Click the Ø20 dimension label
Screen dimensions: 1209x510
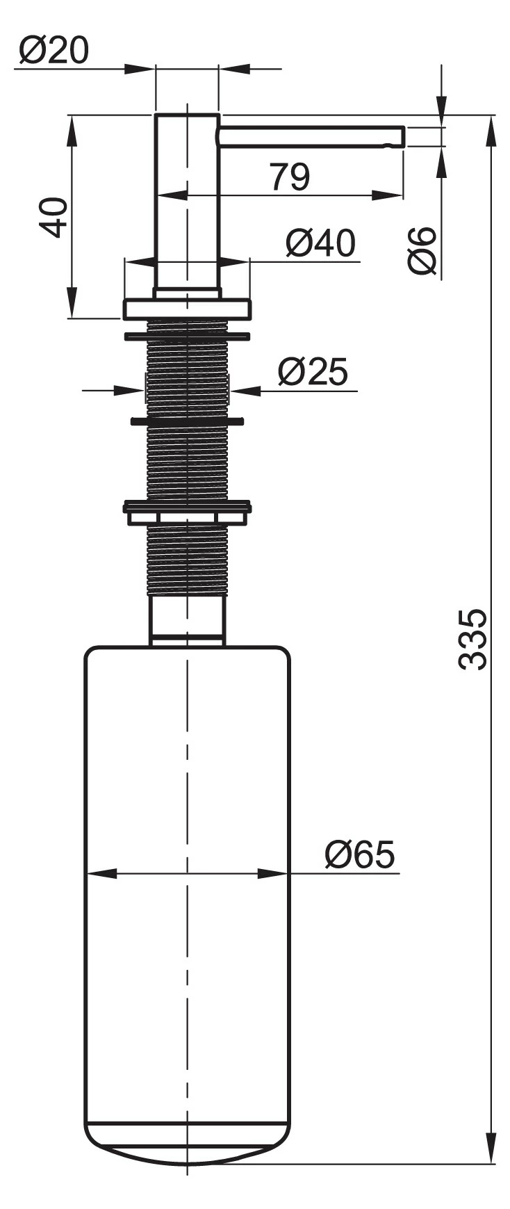pyautogui.click(x=54, y=50)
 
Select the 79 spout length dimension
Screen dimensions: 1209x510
pyautogui.click(x=290, y=177)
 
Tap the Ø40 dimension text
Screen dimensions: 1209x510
pyautogui.click(x=320, y=243)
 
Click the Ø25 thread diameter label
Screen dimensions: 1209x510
pyautogui.click(x=312, y=372)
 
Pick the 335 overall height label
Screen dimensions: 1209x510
pyautogui.click(x=472, y=639)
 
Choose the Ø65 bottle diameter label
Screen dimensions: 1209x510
pyautogui.click(x=359, y=854)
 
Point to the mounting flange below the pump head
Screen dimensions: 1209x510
pyautogui.click(x=187, y=309)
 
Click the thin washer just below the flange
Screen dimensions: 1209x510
pyautogui.click(x=187, y=337)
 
